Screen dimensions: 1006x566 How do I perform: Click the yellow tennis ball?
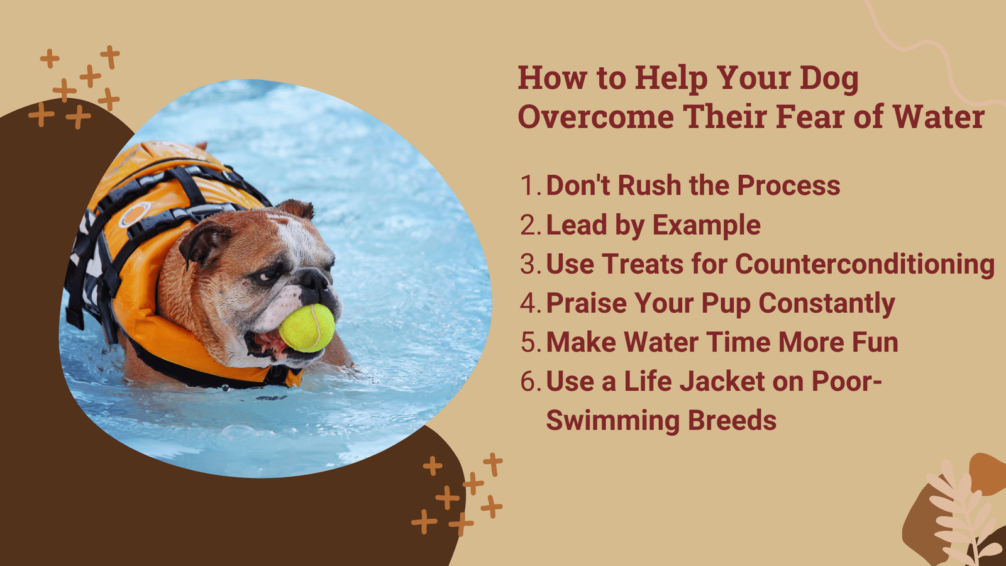(307, 328)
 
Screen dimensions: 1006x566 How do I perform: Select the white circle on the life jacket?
(135, 214)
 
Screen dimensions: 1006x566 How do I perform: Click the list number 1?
(531, 185)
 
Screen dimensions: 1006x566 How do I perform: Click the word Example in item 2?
(706, 226)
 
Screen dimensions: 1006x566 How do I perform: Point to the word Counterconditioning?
(865, 264)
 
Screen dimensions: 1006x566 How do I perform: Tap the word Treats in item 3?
(642, 264)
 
